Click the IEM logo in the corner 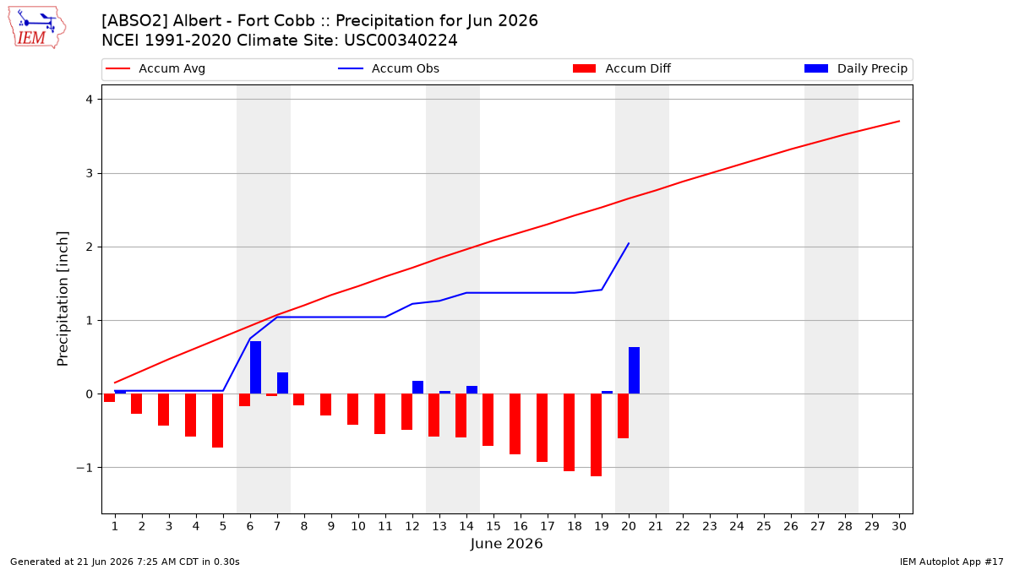click(x=37, y=28)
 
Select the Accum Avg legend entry click(x=155, y=68)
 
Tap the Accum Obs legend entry click(x=389, y=68)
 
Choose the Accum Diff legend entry click(x=622, y=68)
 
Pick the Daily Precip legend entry click(x=855, y=68)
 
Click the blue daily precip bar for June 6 click(x=255, y=367)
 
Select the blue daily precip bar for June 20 click(x=634, y=371)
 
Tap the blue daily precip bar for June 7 click(x=282, y=383)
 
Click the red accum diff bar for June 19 click(x=596, y=435)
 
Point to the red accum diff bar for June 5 click(x=217, y=421)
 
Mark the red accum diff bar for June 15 click(x=488, y=420)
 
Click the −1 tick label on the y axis click(x=84, y=468)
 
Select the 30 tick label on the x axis click(x=899, y=526)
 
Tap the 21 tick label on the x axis click(x=656, y=526)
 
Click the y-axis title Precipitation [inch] click(x=63, y=299)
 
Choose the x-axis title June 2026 click(x=506, y=543)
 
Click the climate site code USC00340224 click(x=401, y=41)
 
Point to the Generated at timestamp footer click(x=124, y=562)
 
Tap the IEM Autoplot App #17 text click(x=951, y=562)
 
